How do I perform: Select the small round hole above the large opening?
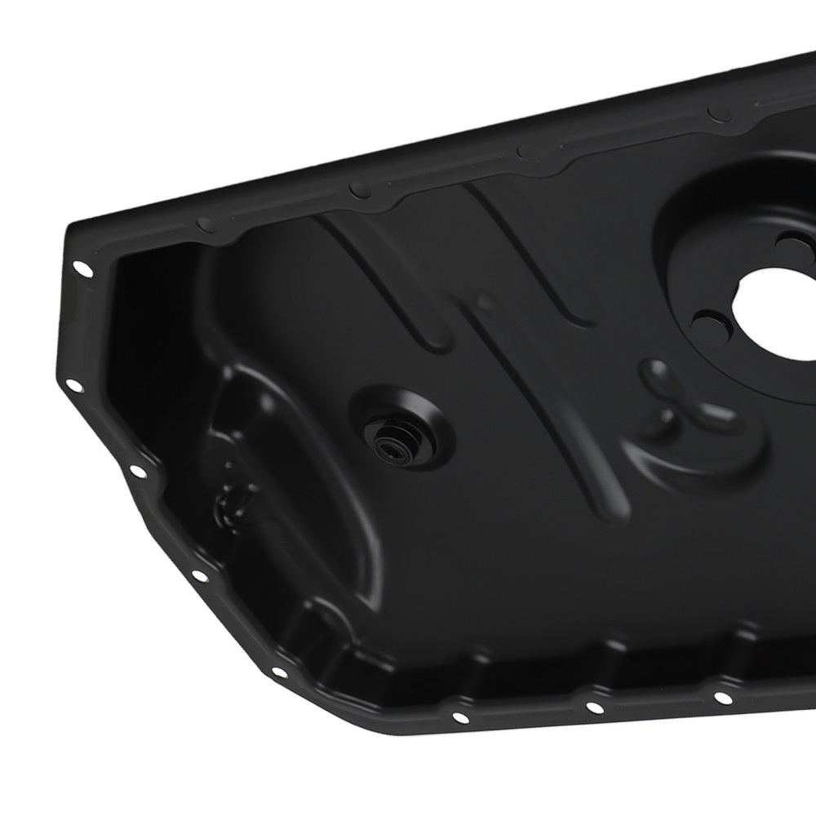tap(790, 241)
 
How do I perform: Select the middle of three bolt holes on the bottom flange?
tap(593, 707)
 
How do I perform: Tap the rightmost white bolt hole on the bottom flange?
tap(722, 696)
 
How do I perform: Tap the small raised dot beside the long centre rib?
tap(485, 303)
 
